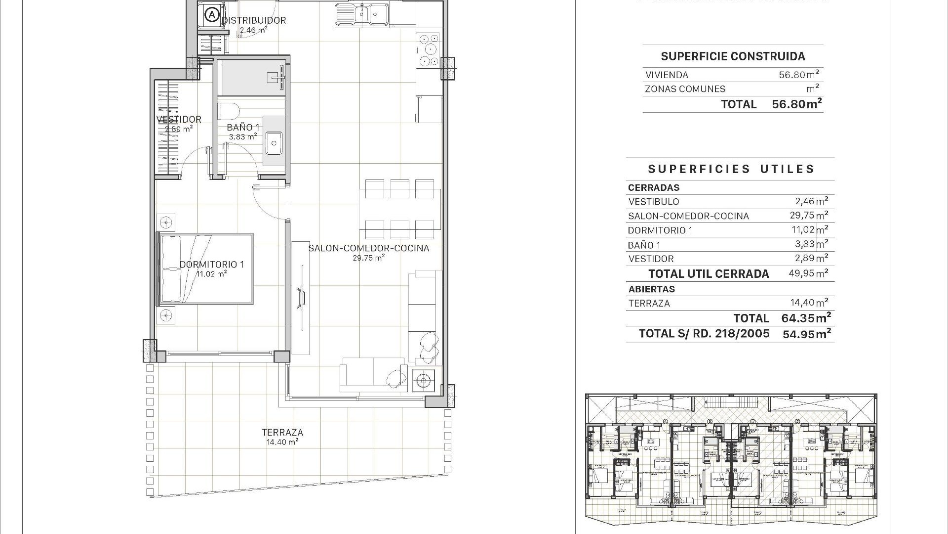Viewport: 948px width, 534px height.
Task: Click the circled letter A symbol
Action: pyautogui.click(x=212, y=15)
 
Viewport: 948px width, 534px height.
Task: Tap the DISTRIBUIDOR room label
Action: pyautogui.click(x=254, y=20)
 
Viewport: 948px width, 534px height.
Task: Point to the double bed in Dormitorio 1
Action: pyautogui.click(x=205, y=269)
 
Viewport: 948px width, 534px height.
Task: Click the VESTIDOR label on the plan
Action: pyautogui.click(x=179, y=119)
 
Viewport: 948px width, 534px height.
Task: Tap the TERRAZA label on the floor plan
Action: pyautogui.click(x=282, y=432)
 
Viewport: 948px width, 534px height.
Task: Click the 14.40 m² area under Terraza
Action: pyautogui.click(x=282, y=442)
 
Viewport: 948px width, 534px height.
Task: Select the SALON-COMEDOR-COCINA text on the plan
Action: pyautogui.click(x=368, y=248)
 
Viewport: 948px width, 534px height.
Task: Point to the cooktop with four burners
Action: pyautogui.click(x=428, y=49)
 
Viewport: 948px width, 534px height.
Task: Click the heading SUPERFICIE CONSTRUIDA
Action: pyautogui.click(x=733, y=56)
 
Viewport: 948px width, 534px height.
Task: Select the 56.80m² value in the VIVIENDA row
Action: pyautogui.click(x=799, y=75)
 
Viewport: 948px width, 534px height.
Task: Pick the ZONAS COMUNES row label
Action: pyautogui.click(x=685, y=89)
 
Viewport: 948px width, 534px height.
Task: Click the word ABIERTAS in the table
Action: pyautogui.click(x=651, y=289)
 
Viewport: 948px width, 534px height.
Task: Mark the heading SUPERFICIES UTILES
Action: pyautogui.click(x=731, y=169)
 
